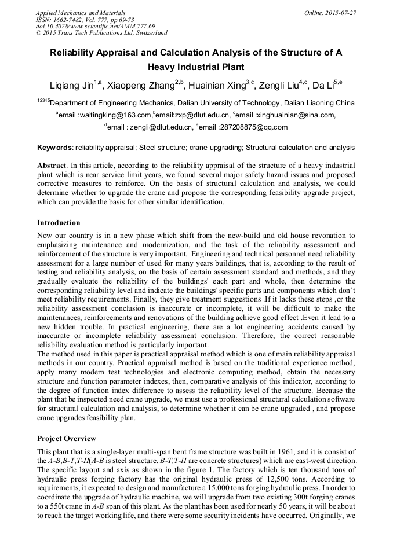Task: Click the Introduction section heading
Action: click(x=59, y=222)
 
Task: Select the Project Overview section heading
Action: click(x=66, y=438)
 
